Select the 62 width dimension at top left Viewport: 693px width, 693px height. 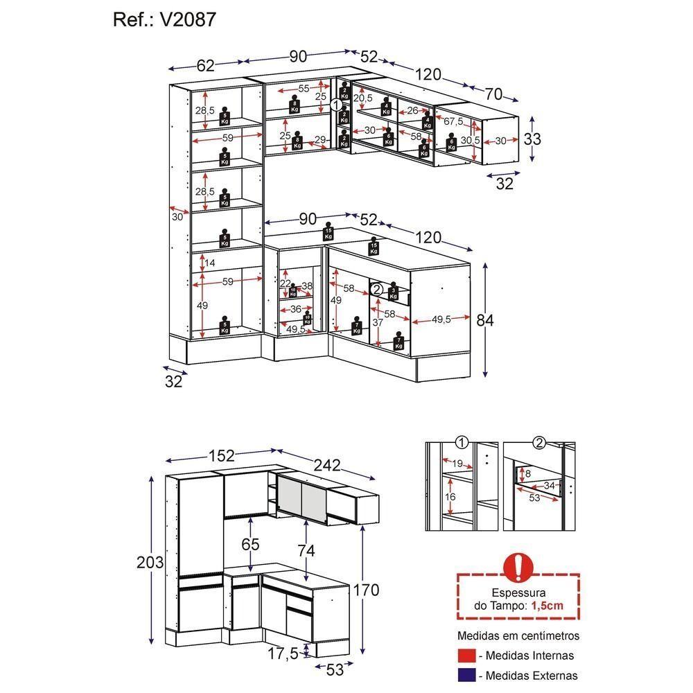(206, 66)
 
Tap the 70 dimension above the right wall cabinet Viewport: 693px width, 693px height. (493, 94)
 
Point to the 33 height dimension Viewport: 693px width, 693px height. (532, 139)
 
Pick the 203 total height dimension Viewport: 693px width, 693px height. (150, 562)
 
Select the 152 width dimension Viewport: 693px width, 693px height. (221, 455)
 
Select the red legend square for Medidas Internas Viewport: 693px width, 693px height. (466, 655)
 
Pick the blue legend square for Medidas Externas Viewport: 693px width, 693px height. (466, 675)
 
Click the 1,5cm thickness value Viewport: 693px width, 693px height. (548, 606)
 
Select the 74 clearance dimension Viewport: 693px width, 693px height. (306, 551)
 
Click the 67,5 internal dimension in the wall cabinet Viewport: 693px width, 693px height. (453, 121)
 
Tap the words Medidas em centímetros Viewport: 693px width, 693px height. (518, 635)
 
